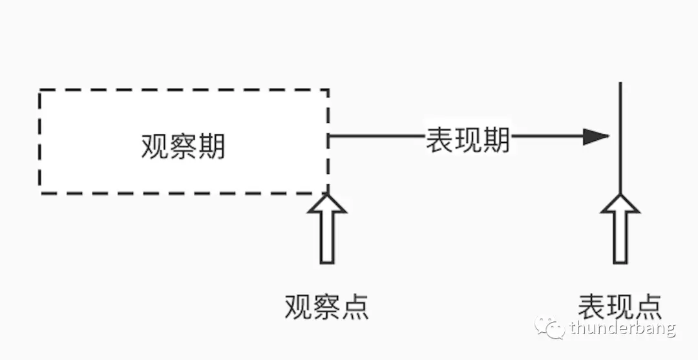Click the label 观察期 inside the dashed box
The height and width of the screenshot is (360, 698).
click(183, 147)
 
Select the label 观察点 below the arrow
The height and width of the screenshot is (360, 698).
click(326, 306)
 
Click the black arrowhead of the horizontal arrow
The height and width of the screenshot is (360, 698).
click(596, 137)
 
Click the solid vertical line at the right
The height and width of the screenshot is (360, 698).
click(620, 129)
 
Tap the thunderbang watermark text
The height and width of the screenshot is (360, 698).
click(622, 329)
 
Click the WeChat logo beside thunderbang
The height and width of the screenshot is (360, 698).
click(549, 328)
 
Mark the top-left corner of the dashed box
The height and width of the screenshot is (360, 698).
click(40, 90)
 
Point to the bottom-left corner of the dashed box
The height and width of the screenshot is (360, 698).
click(40, 193)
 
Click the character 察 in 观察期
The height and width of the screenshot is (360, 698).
click(183, 147)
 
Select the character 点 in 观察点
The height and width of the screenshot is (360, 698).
click(355, 306)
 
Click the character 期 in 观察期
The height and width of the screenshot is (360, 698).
click(211, 147)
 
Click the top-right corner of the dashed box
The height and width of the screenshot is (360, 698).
click(328, 90)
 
